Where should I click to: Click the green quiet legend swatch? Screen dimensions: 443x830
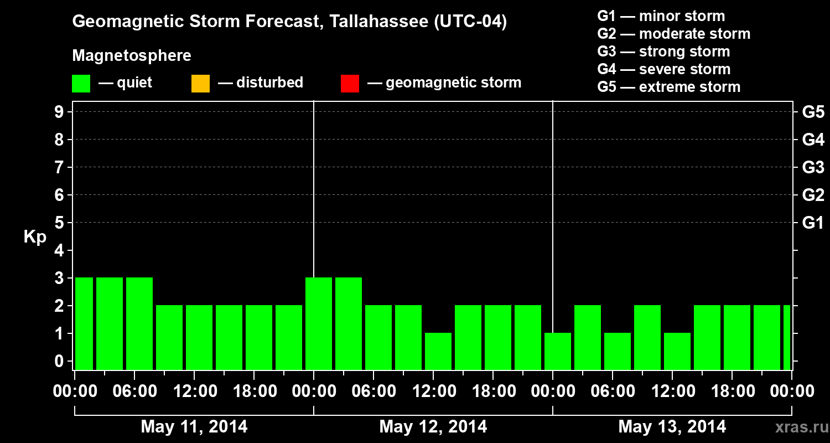[x=81, y=84]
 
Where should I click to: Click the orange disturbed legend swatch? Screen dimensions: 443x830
[x=200, y=84]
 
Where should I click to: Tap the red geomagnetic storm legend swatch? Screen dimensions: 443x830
[x=350, y=84]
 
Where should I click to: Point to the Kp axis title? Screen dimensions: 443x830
[x=35, y=237]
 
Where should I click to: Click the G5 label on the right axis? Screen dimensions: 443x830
[x=813, y=112]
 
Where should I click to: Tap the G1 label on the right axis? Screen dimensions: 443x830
[x=813, y=223]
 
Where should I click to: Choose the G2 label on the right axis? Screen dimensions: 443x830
[x=813, y=195]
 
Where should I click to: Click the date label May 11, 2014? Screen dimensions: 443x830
[x=194, y=427]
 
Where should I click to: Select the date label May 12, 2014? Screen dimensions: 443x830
[x=433, y=427]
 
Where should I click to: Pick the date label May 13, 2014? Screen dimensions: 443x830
[x=672, y=427]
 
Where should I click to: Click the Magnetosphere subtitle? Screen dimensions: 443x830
[x=132, y=56]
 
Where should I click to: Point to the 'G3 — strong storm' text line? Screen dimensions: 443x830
[x=663, y=51]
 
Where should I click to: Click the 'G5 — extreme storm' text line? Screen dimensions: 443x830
[x=668, y=87]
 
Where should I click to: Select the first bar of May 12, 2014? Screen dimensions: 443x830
[x=319, y=323]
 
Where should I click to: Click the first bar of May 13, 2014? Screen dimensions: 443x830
[x=558, y=351]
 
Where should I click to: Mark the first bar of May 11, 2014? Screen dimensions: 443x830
[x=84, y=323]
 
